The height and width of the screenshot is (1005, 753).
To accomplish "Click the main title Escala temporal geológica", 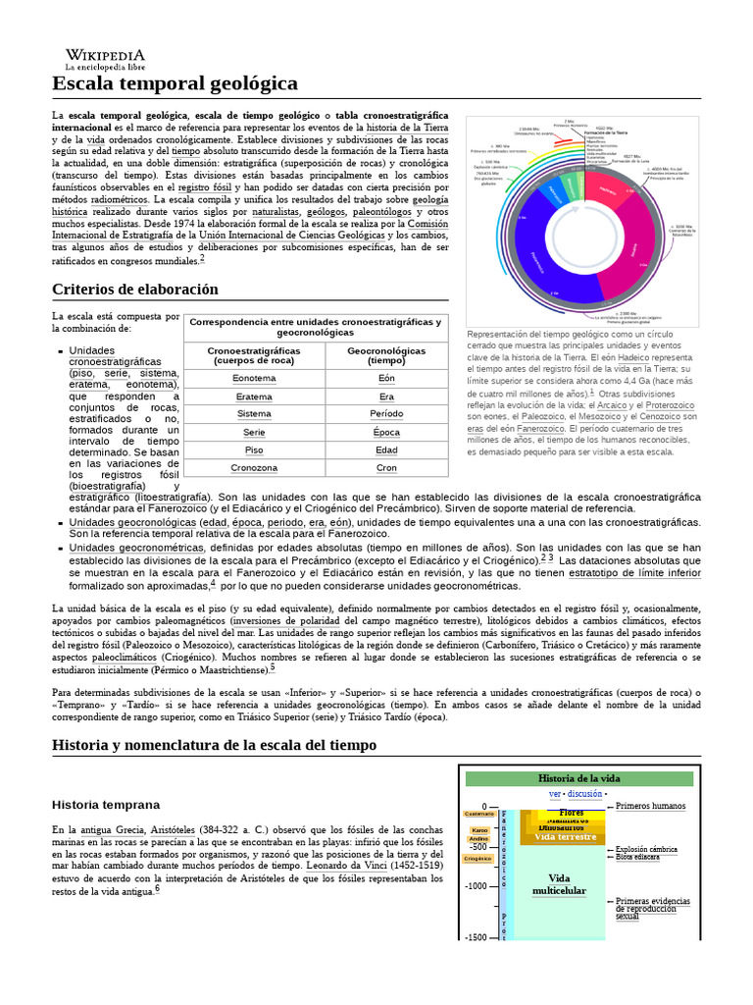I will (x=175, y=83).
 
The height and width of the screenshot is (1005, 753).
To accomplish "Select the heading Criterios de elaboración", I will (x=134, y=289).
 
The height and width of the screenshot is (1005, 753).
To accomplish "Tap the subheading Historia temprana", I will (x=105, y=805).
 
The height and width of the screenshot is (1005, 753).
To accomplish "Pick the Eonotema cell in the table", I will (x=254, y=378).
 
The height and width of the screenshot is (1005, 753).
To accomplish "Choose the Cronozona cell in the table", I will (x=254, y=468).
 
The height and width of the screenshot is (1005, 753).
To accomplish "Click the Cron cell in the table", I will (x=386, y=468).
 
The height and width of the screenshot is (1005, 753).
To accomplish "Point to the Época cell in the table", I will (x=386, y=432).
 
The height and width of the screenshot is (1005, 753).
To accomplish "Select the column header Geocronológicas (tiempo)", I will (x=386, y=355).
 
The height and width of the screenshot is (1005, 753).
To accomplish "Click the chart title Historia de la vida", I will (x=581, y=778).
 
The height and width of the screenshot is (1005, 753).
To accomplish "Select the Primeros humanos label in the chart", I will (x=651, y=806).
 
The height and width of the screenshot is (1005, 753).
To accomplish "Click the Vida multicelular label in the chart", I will (x=559, y=884).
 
